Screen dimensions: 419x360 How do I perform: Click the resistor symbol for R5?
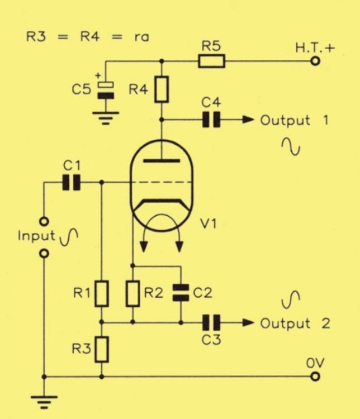[x=212, y=61]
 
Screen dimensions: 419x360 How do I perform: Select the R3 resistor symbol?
[x=101, y=349]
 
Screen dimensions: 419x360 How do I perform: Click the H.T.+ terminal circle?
[x=315, y=61]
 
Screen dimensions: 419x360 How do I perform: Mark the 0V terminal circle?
[x=315, y=377]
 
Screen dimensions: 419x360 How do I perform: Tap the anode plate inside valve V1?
[x=162, y=161]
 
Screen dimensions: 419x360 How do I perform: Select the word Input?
[x=36, y=235]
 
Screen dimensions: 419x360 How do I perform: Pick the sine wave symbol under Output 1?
[x=291, y=146]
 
